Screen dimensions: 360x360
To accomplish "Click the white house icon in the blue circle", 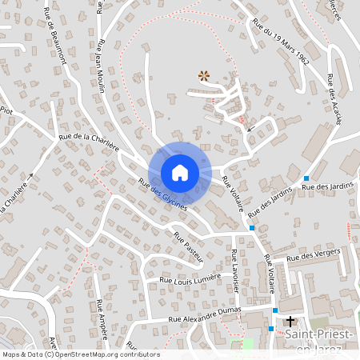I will click(180, 172).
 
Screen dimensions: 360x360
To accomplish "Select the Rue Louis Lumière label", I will click(190, 279).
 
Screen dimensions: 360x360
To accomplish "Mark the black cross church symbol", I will click(290, 321).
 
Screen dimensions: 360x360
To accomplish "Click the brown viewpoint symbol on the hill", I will click(203, 76).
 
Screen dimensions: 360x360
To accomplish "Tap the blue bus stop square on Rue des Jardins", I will click(306, 178).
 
